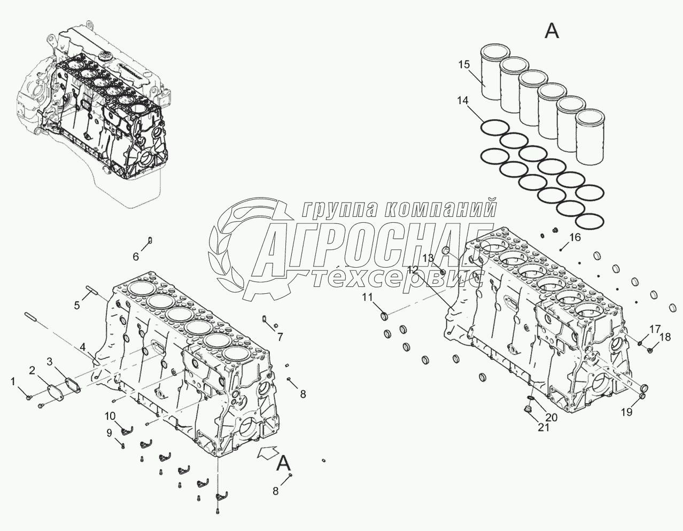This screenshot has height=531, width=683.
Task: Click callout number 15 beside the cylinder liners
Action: [463, 65]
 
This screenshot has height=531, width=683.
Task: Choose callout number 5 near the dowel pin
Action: [77, 305]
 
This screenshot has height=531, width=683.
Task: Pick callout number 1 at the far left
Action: [13, 381]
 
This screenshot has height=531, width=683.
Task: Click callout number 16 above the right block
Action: [573, 237]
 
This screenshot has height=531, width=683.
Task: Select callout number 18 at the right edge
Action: [664, 337]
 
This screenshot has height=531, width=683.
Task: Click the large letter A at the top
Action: [552, 32]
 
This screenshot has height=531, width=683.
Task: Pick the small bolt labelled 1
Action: [29, 397]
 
